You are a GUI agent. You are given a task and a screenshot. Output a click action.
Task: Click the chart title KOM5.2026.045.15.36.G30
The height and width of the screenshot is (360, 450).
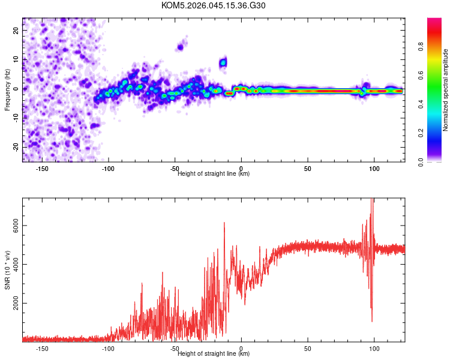tap(214, 5)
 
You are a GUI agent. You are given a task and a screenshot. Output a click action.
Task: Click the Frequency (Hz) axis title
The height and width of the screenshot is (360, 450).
tap(7, 90)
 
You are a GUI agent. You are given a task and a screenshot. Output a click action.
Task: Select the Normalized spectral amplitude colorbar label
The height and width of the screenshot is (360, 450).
tap(446, 90)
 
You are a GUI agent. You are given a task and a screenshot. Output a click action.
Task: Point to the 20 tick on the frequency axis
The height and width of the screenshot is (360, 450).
tap(16, 30)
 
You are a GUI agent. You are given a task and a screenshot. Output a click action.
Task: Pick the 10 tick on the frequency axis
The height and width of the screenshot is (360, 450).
tap(16, 59)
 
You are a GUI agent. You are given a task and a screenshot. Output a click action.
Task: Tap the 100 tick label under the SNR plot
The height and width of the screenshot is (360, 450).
tap(374, 348)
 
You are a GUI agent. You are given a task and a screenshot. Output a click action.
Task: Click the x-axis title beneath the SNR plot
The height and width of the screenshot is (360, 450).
tap(214, 354)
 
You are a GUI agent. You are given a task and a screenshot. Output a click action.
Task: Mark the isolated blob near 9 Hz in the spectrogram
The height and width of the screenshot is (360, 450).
tap(223, 62)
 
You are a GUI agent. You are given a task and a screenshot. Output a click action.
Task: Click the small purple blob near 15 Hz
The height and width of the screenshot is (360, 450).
tap(180, 47)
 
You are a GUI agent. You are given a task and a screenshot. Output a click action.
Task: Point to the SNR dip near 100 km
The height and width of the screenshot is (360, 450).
tap(371, 320)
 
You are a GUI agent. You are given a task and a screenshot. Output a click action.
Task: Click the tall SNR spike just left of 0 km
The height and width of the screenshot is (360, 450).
tap(224, 223)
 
